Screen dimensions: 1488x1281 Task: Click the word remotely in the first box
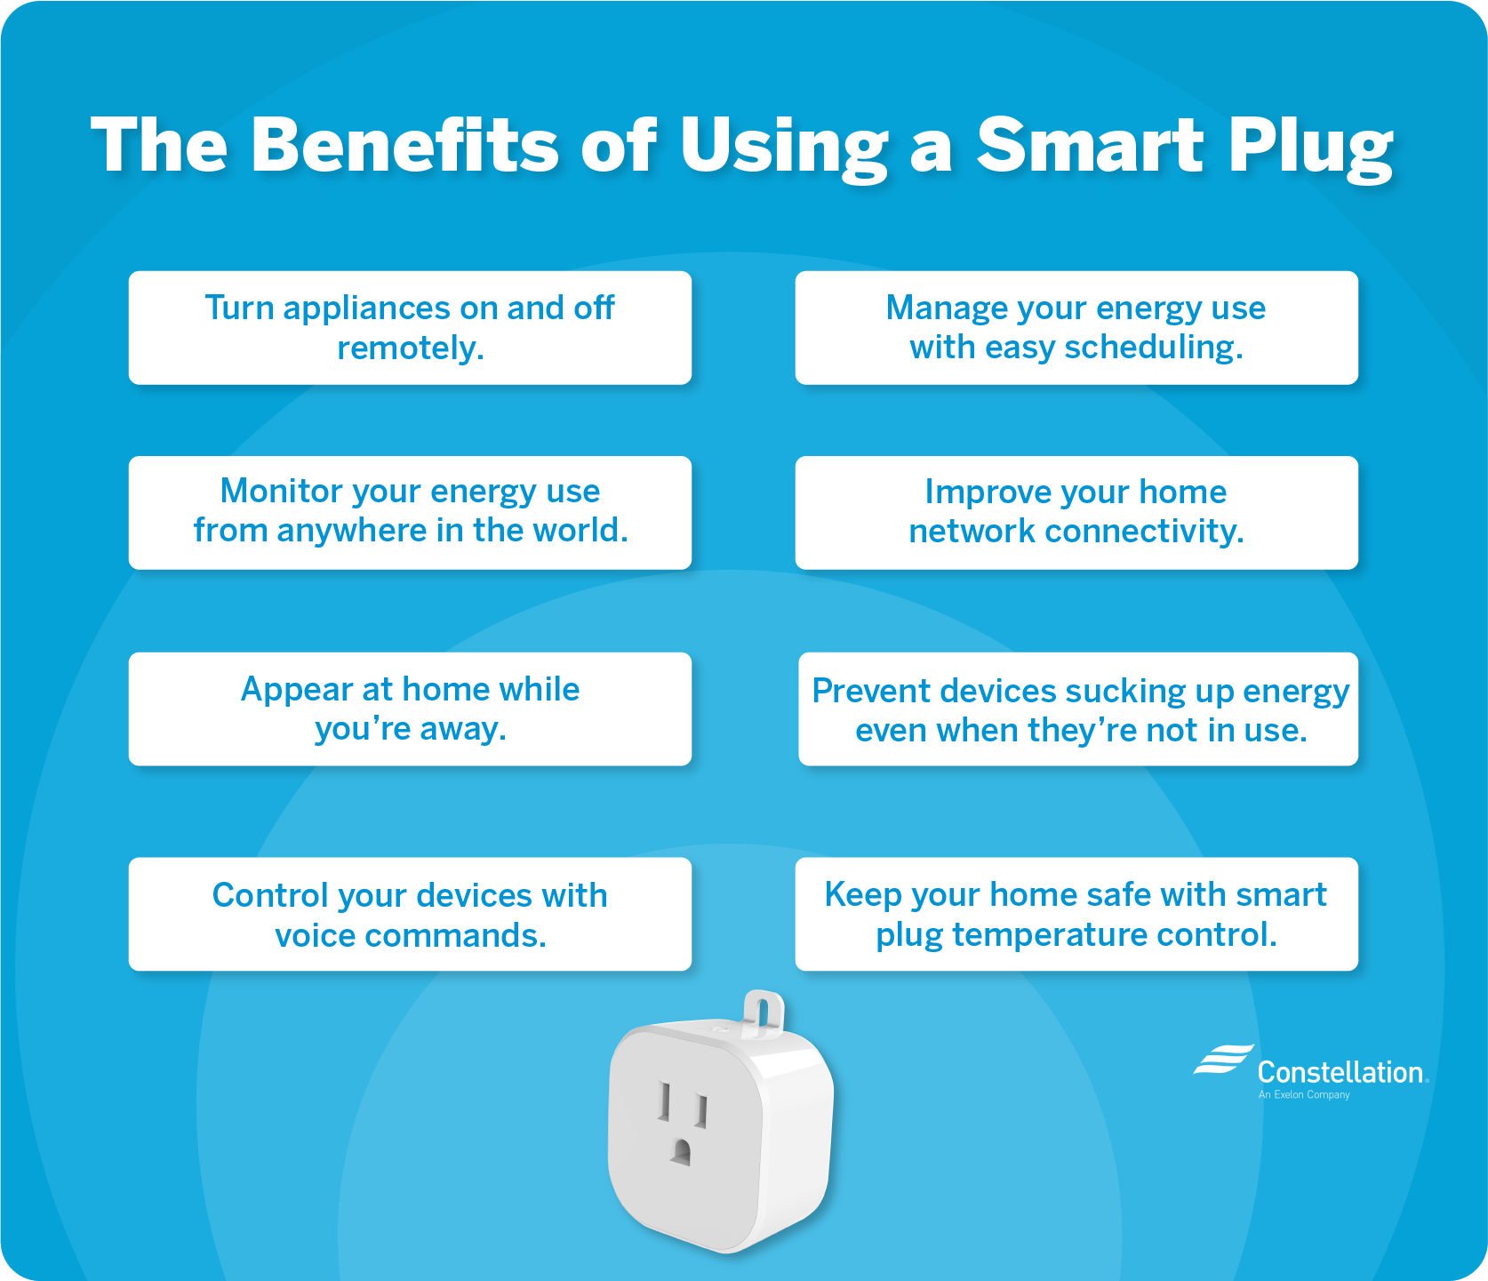pos(411,348)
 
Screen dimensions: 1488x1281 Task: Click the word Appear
pos(297,690)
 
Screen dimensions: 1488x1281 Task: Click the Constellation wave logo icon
pos(1223,1060)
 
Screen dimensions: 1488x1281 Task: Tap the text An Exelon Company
pos(1304,1094)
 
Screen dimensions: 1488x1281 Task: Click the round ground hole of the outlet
pos(681,1152)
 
